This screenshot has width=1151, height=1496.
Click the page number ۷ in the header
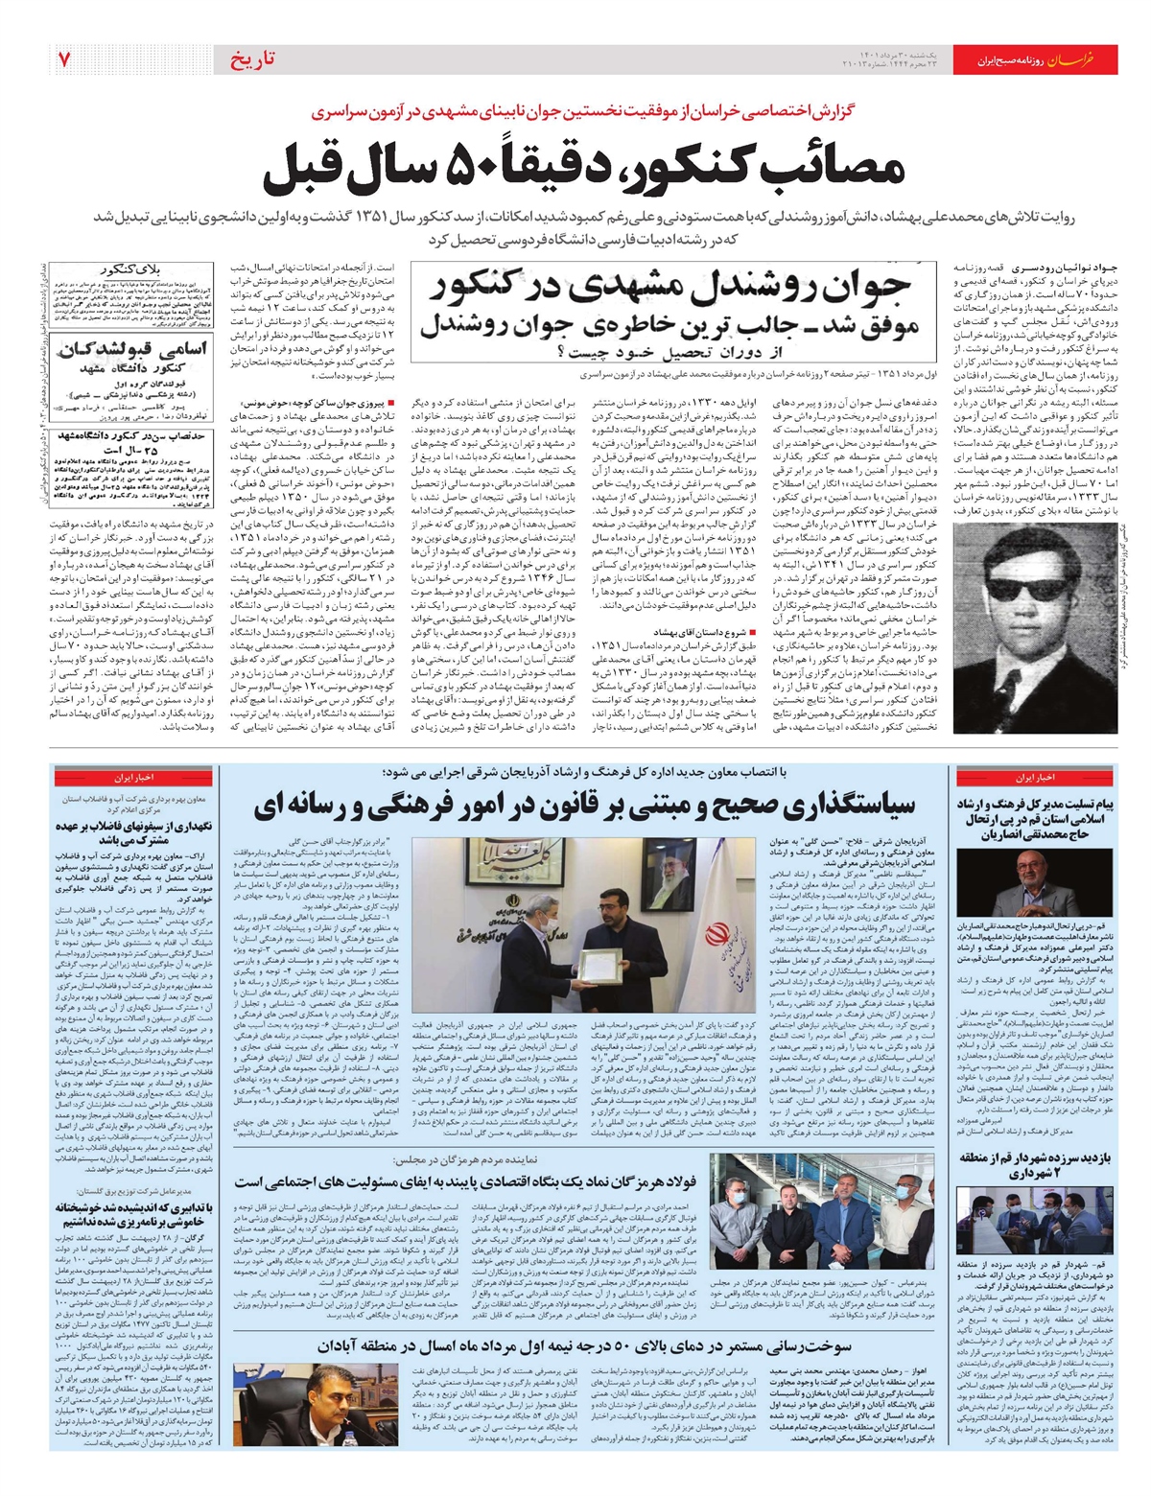(62, 59)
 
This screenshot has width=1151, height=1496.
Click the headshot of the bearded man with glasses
(1035, 882)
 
